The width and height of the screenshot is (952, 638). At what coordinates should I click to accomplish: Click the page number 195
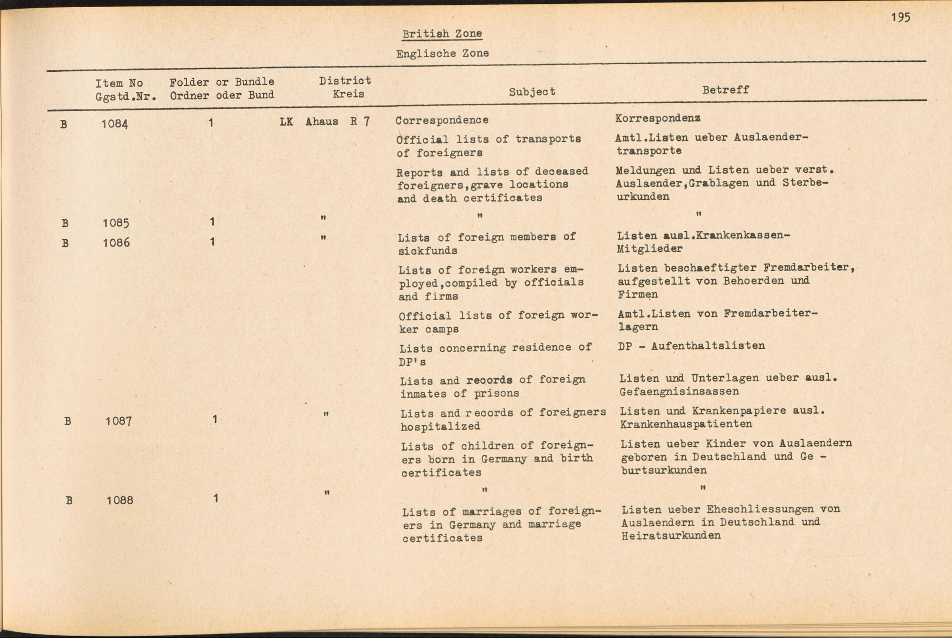(901, 18)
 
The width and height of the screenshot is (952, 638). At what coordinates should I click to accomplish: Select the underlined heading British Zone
(442, 34)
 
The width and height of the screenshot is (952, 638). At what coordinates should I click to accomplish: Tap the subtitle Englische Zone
(442, 53)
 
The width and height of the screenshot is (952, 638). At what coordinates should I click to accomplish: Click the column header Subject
(532, 91)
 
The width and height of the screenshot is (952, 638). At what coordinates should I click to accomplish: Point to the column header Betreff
(725, 90)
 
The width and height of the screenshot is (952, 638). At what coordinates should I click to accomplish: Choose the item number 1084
(115, 124)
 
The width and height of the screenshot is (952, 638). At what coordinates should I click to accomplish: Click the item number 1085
(116, 223)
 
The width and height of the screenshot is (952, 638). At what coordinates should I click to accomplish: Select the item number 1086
(116, 243)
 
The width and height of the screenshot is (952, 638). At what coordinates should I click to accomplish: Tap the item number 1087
(119, 421)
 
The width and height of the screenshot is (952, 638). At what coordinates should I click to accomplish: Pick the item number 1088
(119, 500)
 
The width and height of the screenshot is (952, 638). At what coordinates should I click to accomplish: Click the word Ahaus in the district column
(322, 122)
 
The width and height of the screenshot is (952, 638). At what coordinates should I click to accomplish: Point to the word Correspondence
(442, 120)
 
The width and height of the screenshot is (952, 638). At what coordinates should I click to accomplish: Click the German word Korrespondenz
(657, 118)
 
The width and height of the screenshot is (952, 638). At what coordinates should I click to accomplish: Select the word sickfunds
(428, 250)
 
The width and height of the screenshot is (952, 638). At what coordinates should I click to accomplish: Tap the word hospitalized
(440, 426)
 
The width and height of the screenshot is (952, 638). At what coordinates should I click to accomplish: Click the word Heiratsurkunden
(671, 535)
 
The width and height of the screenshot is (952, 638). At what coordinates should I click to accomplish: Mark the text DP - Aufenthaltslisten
(692, 346)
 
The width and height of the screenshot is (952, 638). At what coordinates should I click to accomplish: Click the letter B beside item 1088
(69, 501)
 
